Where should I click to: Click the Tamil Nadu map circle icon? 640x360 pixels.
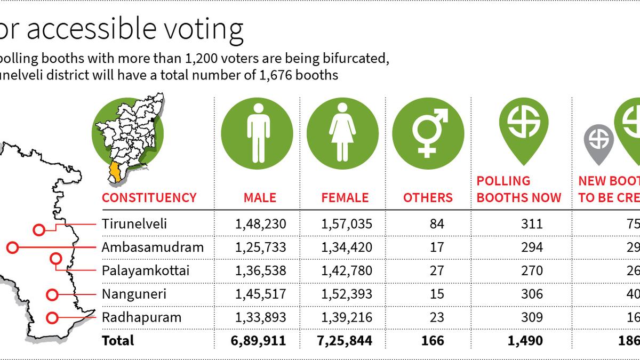pos(129,133)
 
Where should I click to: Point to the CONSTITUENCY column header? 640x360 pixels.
pos(149,198)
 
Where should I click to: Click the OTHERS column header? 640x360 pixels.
pos(428,198)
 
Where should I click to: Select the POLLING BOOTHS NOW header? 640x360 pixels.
pos(518,189)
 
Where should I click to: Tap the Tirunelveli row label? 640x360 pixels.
pos(134,223)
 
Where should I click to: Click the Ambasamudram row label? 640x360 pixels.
pos(153,247)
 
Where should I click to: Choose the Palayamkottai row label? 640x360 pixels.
pos(146,271)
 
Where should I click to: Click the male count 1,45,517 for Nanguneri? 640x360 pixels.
pos(260,294)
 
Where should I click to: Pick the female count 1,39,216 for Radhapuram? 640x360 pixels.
pos(346,317)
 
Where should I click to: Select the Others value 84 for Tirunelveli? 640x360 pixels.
pos(437,223)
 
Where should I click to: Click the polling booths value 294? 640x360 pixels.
pos(533,247)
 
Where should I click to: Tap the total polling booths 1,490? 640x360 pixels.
pos(527,340)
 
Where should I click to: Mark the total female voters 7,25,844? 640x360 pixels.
pos(346,340)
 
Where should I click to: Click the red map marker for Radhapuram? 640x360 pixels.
pos(52,318)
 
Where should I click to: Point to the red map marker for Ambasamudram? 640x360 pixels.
pos(13,247)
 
